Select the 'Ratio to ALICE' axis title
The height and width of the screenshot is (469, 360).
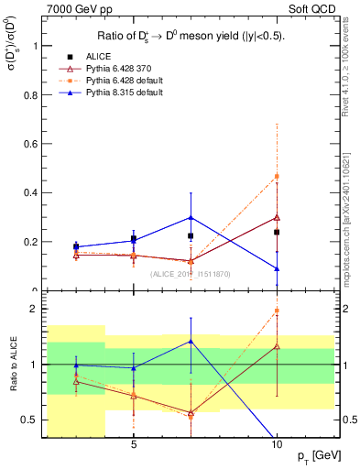pos(12,366)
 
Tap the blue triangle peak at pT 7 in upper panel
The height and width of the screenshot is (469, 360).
pos(191,217)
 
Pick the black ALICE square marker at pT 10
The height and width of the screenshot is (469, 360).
pos(276,232)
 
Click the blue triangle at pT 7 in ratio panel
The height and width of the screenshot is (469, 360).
pos(191,341)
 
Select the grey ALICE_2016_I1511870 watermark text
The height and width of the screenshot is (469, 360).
pos(191,274)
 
